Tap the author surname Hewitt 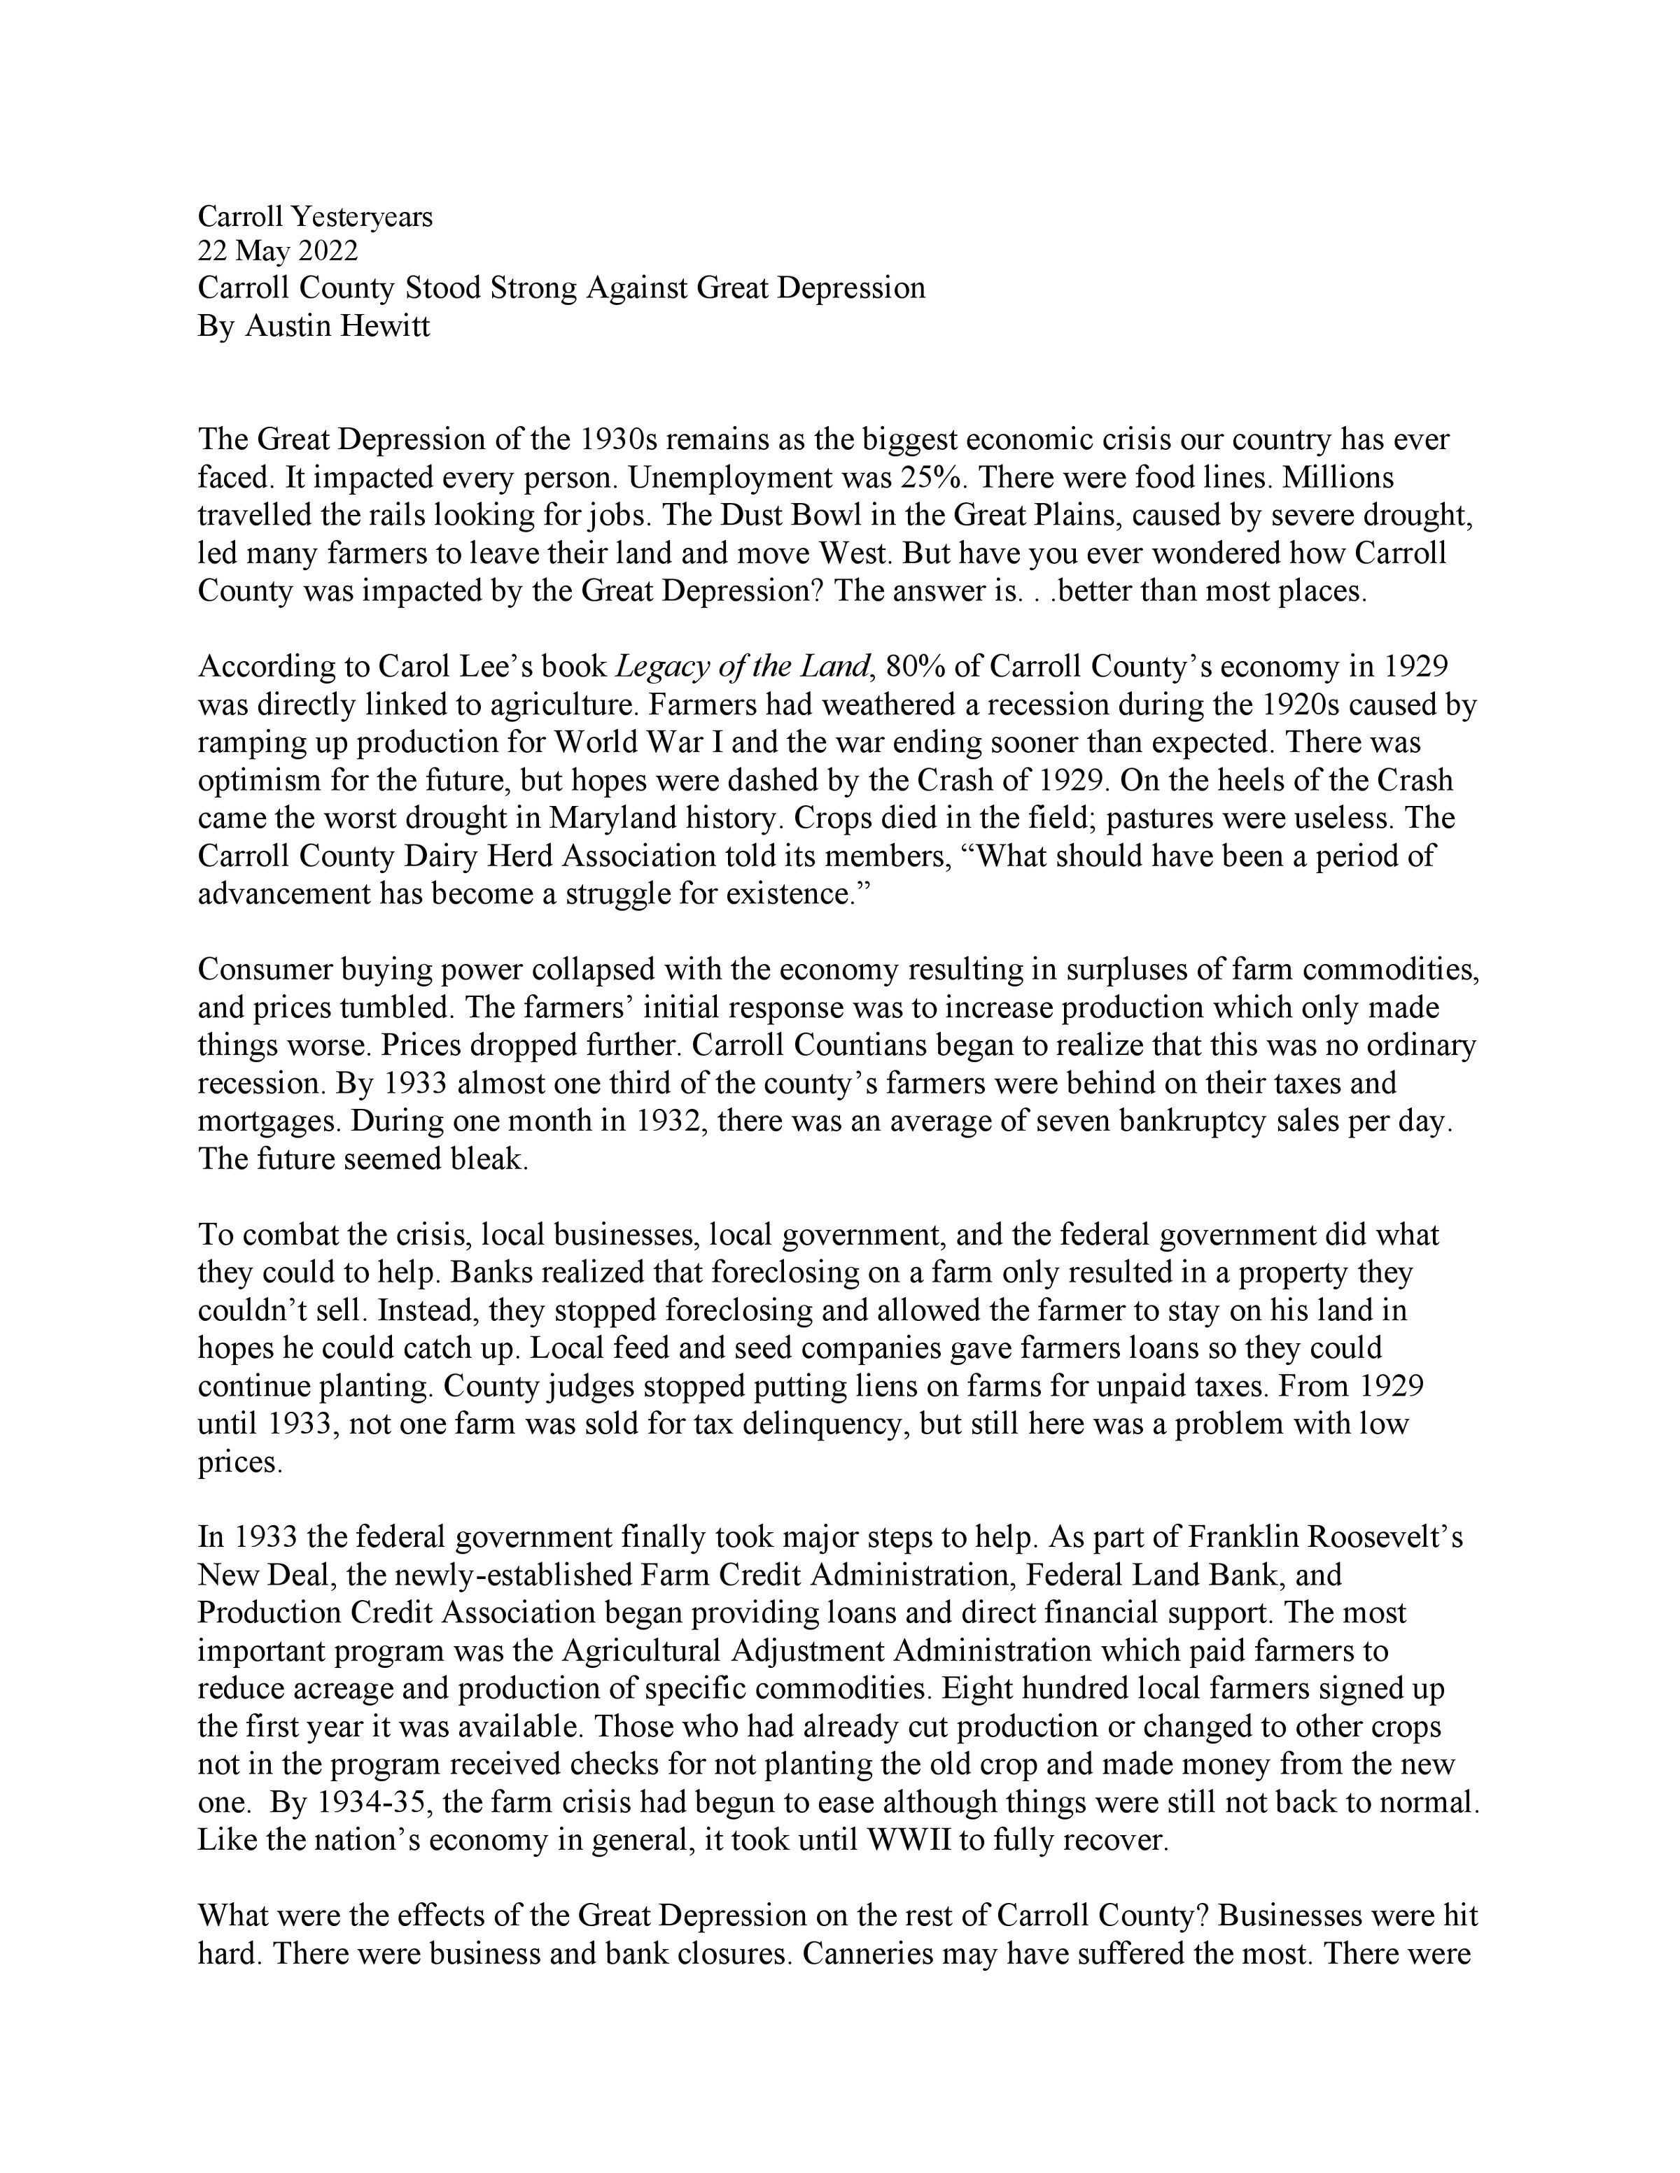click(385, 325)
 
